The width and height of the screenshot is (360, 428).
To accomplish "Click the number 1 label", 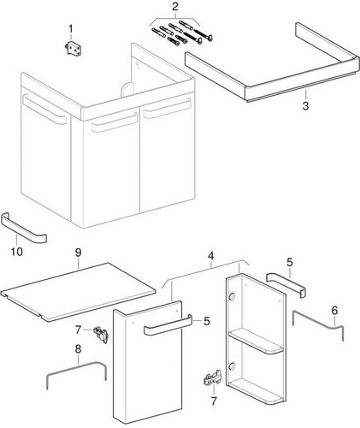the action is click(x=70, y=29).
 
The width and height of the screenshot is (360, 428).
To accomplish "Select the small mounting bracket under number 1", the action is click(x=73, y=49).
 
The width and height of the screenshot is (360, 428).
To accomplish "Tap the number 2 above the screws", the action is click(x=175, y=7).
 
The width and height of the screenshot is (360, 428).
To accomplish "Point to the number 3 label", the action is click(x=305, y=106).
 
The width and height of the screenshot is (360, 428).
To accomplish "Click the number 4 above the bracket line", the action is click(x=210, y=256).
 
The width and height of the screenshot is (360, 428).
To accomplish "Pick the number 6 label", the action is click(x=334, y=311).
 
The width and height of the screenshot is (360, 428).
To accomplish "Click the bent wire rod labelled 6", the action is click(x=318, y=323).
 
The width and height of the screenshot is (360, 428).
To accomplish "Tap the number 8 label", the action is click(x=78, y=349).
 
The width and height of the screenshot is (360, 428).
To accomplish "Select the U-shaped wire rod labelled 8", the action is click(x=77, y=365).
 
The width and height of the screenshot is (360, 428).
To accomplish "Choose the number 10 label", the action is click(x=16, y=252).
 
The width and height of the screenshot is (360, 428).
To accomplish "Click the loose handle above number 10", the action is click(x=24, y=229).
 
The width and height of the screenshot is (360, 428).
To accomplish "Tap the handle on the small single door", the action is click(x=168, y=324).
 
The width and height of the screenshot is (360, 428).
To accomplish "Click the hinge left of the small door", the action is click(x=101, y=335).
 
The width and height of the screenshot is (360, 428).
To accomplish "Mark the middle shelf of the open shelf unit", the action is click(x=256, y=342).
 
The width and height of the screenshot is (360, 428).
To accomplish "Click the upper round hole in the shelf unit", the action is click(x=233, y=297).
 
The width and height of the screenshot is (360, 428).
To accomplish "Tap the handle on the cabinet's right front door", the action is click(x=167, y=109).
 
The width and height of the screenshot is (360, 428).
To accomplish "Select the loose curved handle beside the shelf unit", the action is click(x=286, y=284).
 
